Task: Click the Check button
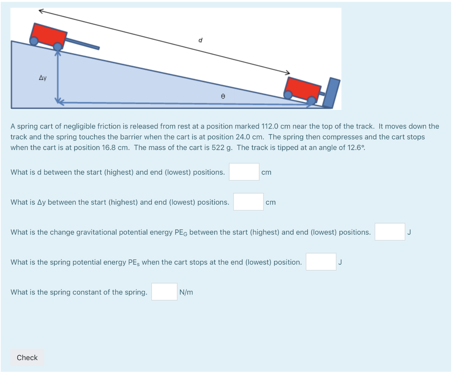click(x=27, y=357)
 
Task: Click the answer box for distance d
click(x=244, y=172)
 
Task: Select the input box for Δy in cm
click(x=248, y=202)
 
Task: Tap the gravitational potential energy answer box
click(x=390, y=232)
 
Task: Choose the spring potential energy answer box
click(x=321, y=262)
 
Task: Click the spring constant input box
click(x=164, y=292)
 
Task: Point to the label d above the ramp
click(x=200, y=40)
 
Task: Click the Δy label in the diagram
click(x=43, y=78)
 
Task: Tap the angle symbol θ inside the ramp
click(x=223, y=96)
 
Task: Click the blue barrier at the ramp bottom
click(x=331, y=93)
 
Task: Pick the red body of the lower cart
click(x=302, y=88)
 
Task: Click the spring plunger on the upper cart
click(x=83, y=44)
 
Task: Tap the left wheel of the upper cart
click(x=34, y=41)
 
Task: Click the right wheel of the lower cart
click(x=311, y=100)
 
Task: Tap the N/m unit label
click(x=186, y=292)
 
